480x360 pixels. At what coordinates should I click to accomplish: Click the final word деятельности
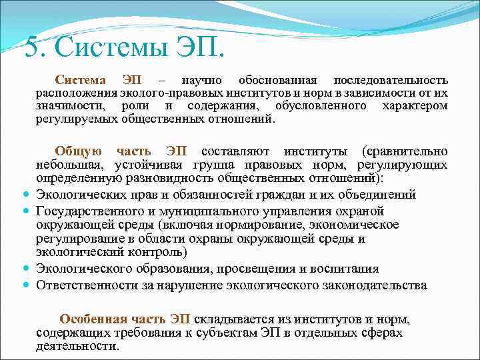[77, 346]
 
